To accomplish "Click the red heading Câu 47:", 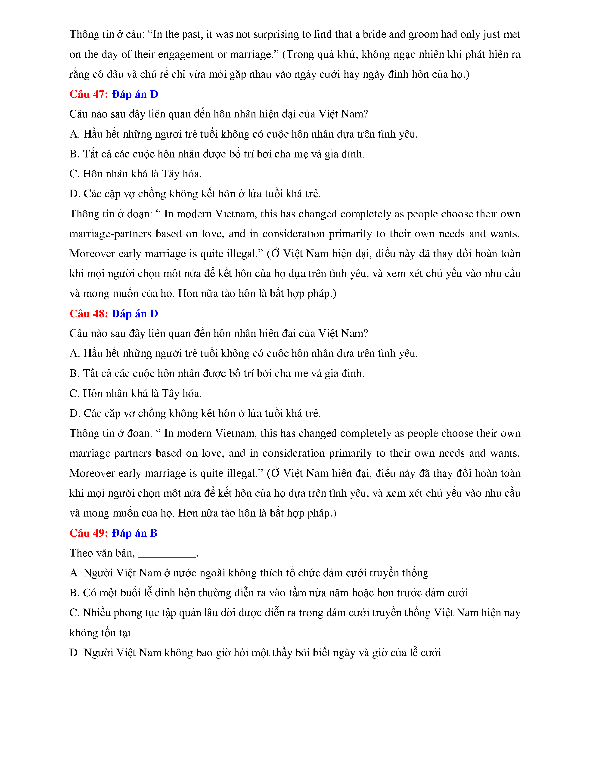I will tap(89, 94).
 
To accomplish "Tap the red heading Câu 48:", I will tap(89, 314).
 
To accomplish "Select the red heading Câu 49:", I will tap(89, 533).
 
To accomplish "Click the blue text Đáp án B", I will tap(135, 533).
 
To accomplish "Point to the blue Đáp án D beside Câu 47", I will tap(135, 94).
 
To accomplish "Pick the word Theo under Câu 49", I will tap(79, 553).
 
